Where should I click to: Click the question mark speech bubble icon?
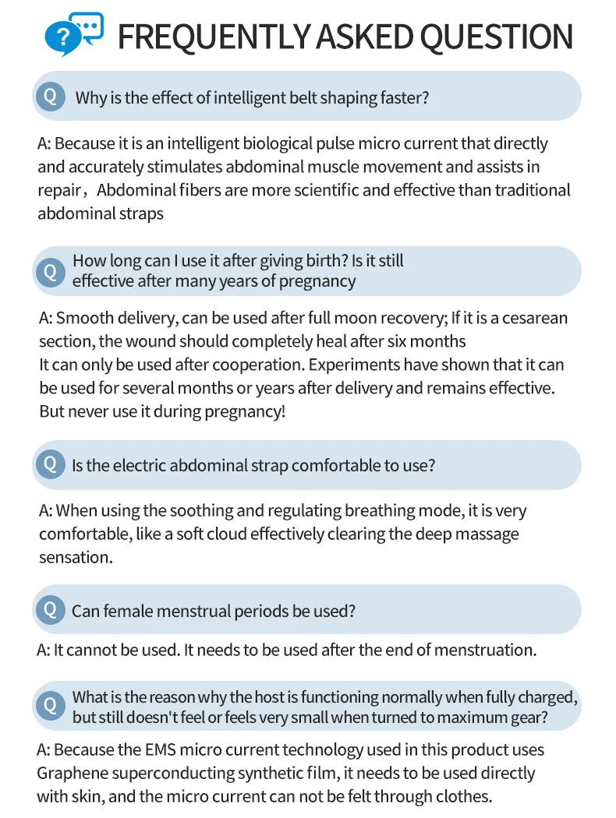click(x=73, y=33)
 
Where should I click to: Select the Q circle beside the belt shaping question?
click(x=51, y=97)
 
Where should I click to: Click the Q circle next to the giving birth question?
click(x=51, y=271)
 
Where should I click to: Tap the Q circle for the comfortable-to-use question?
click(x=51, y=464)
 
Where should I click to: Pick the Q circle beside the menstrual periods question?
click(x=51, y=609)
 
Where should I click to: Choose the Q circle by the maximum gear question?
click(x=51, y=706)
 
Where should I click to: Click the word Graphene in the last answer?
click(x=69, y=773)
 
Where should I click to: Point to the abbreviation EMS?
click(x=161, y=750)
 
